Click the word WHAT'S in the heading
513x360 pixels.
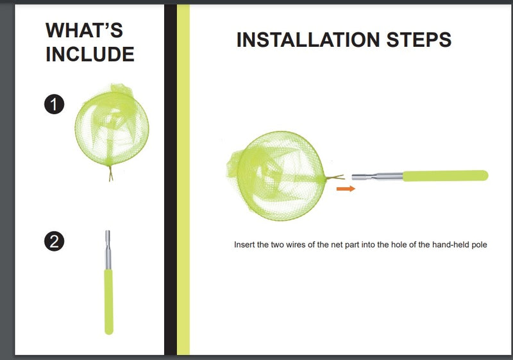click(x=85, y=30)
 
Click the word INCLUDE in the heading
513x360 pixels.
click(x=90, y=54)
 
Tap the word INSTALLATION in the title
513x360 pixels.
click(x=308, y=40)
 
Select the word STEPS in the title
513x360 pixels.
click(x=419, y=40)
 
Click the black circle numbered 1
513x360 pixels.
click(x=54, y=105)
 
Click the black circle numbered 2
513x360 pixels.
click(x=54, y=241)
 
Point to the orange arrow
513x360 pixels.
click(x=346, y=189)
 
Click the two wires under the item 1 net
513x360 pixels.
click(x=111, y=173)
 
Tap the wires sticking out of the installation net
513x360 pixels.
click(x=335, y=177)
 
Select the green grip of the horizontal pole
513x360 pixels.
click(x=445, y=176)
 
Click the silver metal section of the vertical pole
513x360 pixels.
click(x=108, y=250)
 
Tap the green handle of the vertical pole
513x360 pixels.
click(x=109, y=302)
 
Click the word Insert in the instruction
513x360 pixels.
click(x=244, y=244)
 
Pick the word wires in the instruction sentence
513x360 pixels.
click(x=296, y=244)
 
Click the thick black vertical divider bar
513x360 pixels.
click(x=170, y=180)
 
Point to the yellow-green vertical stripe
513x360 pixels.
click(x=183, y=180)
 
